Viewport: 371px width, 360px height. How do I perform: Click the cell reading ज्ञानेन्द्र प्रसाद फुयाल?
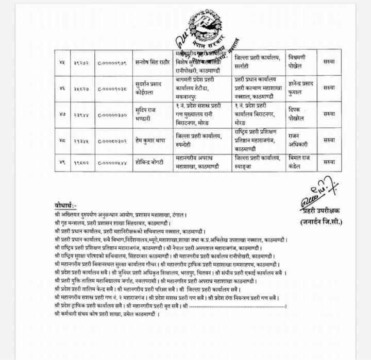click(x=301, y=87)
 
